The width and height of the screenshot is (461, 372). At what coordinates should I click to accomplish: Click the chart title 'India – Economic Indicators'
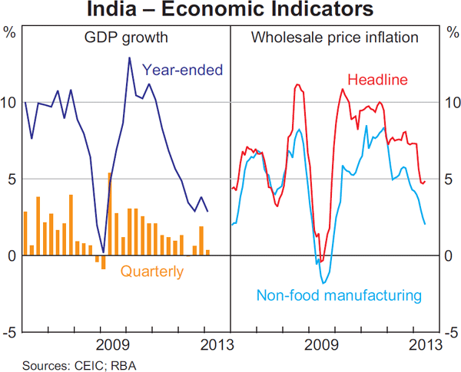[x=230, y=10]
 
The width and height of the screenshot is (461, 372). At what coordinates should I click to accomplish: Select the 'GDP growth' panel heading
[x=126, y=37]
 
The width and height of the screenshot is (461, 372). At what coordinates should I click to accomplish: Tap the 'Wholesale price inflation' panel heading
[x=335, y=37]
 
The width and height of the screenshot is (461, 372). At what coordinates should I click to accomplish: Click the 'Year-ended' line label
[x=183, y=70]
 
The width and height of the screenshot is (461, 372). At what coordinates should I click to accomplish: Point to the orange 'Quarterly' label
[x=152, y=271]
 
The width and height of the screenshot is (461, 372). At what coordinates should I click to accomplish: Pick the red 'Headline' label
[x=377, y=80]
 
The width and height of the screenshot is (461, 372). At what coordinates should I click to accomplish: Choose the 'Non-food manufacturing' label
[x=339, y=295]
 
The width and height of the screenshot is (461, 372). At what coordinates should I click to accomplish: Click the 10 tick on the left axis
[x=10, y=102]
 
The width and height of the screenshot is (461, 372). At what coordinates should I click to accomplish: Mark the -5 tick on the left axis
[x=10, y=332]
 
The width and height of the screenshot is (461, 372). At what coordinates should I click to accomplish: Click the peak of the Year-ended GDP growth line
[x=129, y=58]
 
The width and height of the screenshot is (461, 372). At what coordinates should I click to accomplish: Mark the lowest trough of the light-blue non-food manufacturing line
[x=324, y=283]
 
